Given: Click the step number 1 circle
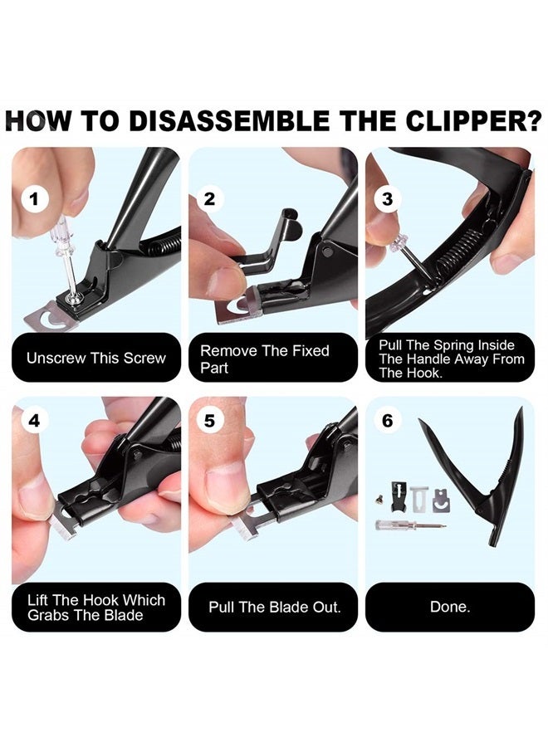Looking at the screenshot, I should pyautogui.click(x=34, y=199).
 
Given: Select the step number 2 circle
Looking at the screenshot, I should pyautogui.click(x=209, y=199).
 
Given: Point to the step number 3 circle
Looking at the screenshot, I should pyautogui.click(x=387, y=199).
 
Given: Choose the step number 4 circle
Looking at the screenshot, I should pyautogui.click(x=34, y=421).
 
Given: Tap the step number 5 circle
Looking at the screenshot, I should pyautogui.click(x=209, y=421).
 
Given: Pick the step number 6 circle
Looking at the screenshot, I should pyautogui.click(x=387, y=421).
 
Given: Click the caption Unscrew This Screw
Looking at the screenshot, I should pyautogui.click(x=96, y=359).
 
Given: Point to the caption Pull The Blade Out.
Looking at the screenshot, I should pyautogui.click(x=275, y=608).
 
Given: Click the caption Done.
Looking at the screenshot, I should pyautogui.click(x=449, y=608).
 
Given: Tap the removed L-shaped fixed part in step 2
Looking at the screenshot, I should pyautogui.click(x=262, y=244).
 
